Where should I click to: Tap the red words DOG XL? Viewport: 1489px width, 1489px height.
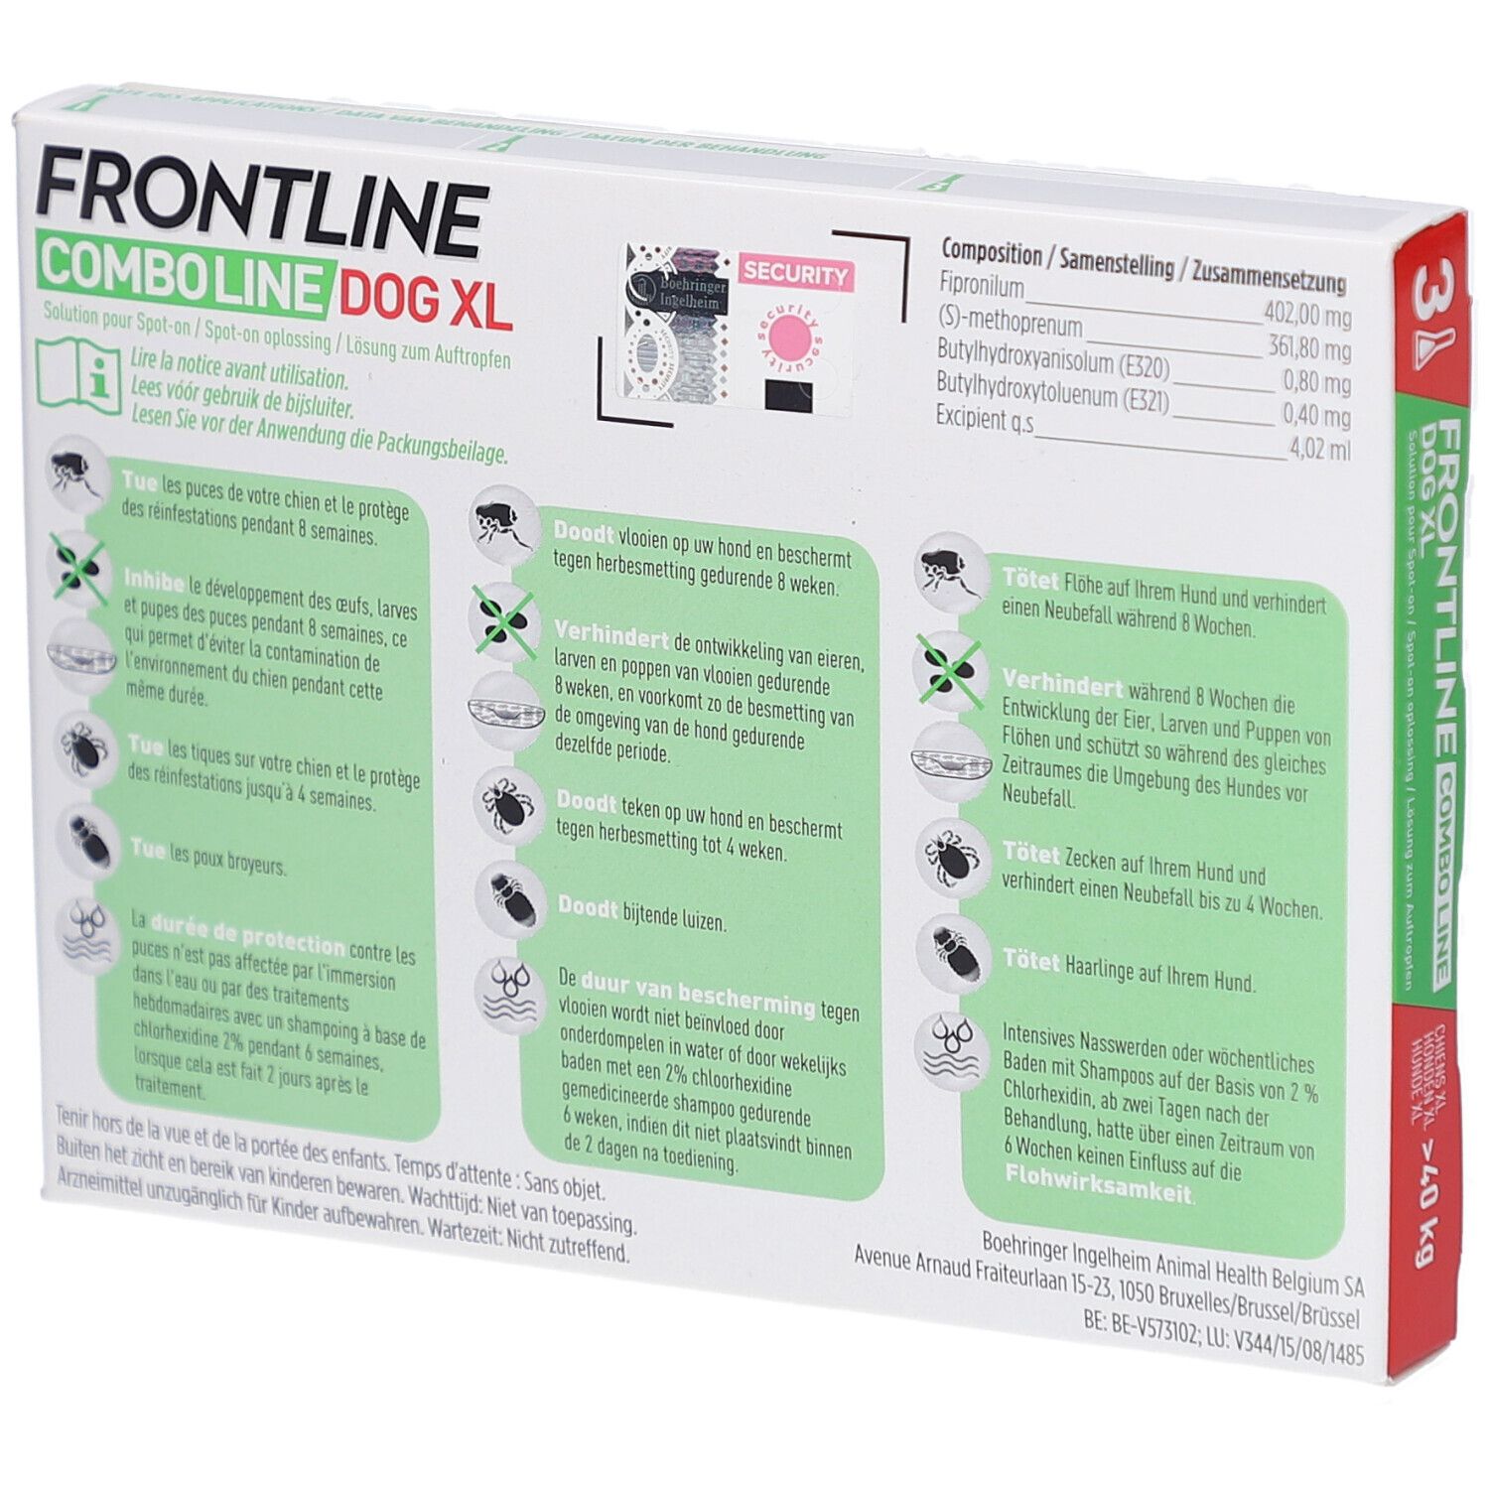point(427,297)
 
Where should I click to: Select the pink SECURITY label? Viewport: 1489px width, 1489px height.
point(794,273)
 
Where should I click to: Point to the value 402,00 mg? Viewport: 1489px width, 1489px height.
point(1306,318)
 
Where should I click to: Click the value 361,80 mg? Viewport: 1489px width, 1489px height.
point(1306,351)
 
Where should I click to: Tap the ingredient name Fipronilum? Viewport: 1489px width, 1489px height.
point(982,284)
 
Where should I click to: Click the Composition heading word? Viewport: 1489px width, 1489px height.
point(991,251)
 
